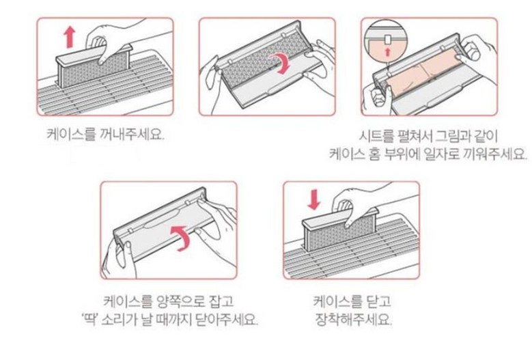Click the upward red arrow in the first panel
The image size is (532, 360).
click(x=70, y=38)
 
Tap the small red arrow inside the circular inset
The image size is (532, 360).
click(x=388, y=52)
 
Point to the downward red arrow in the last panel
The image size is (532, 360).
click(x=314, y=199)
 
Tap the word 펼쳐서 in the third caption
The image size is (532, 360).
click(x=415, y=137)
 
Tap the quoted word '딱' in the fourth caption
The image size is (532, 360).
click(x=90, y=319)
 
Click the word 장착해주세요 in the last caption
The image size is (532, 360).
click(x=354, y=319)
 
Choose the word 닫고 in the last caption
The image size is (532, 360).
click(x=378, y=301)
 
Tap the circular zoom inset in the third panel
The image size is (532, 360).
click(x=385, y=42)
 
